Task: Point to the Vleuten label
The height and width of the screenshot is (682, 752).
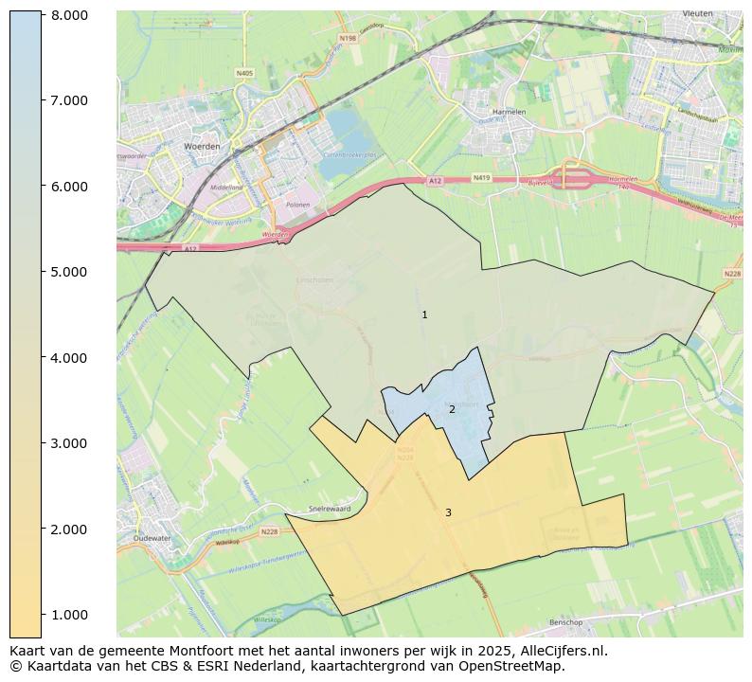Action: [698, 14]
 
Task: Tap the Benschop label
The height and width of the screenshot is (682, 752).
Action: [567, 622]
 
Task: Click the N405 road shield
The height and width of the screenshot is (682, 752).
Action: [244, 73]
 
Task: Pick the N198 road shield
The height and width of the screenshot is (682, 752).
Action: [348, 39]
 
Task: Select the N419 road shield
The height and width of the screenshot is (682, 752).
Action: [481, 178]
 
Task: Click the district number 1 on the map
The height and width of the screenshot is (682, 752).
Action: [424, 314]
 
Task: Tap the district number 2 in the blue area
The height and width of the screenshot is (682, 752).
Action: [452, 409]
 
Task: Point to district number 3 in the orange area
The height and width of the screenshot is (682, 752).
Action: [448, 512]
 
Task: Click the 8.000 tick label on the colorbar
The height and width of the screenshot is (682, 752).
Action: [70, 15]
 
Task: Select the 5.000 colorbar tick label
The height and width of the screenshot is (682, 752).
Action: [70, 272]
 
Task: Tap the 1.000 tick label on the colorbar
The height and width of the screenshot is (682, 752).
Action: [70, 615]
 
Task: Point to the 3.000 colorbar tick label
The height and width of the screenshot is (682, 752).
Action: [70, 443]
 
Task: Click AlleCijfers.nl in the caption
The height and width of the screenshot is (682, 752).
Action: [557, 651]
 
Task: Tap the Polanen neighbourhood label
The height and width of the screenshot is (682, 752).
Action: [299, 204]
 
